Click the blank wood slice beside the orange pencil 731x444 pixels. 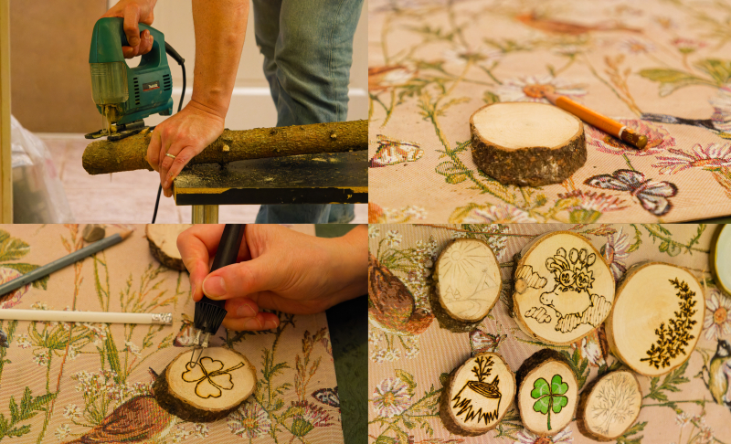click(527, 142)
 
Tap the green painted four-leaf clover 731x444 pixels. click(550, 395)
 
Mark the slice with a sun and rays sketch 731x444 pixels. click(468, 279)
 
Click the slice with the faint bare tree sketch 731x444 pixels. click(610, 402)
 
